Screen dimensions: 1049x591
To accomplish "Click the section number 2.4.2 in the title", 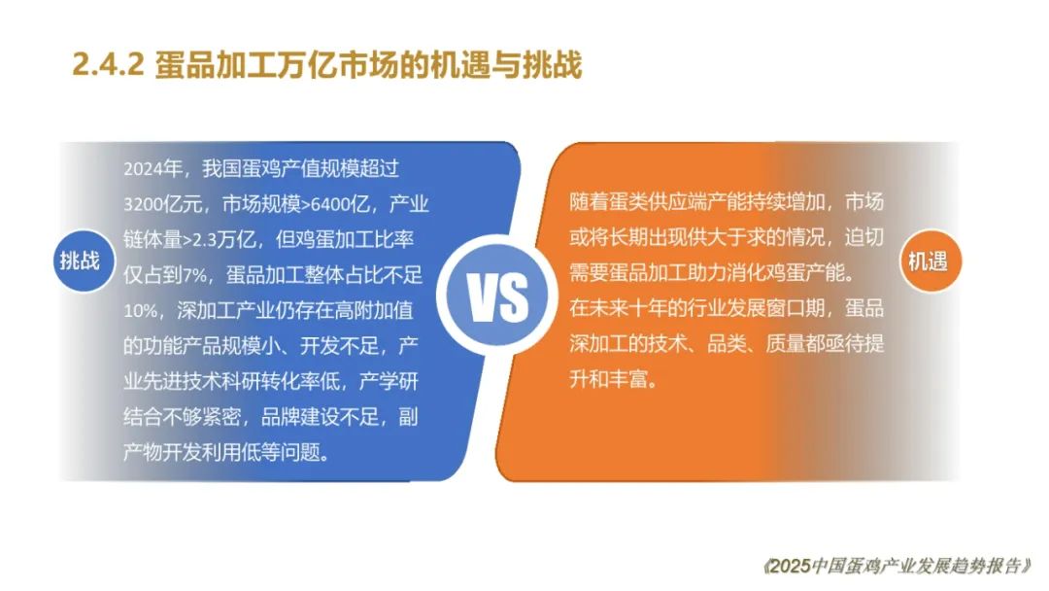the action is tap(109, 65).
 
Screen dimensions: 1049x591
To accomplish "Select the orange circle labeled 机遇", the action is tap(930, 261).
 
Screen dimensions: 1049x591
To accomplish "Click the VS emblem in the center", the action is tap(497, 295).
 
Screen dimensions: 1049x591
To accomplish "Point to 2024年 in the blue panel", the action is tap(153, 168).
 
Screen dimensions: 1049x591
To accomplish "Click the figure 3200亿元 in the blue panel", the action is tap(163, 203).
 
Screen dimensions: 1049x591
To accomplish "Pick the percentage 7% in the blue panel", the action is tap(195, 274).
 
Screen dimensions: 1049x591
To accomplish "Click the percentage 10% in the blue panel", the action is tap(141, 310).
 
